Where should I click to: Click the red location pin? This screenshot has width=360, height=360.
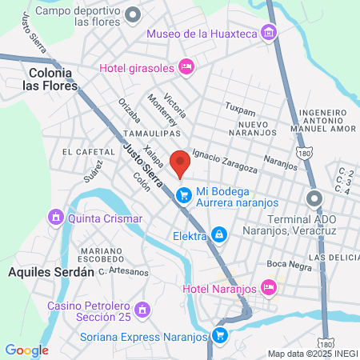181,163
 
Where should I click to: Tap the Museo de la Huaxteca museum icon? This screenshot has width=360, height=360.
269,33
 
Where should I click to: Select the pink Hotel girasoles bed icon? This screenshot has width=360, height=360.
186,67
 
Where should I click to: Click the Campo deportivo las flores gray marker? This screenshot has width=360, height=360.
133,13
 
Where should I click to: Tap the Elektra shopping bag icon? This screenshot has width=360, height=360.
218,235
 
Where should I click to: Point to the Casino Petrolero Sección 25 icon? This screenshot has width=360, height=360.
142,309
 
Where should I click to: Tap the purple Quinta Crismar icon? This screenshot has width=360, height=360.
56,218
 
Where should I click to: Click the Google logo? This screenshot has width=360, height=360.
26,350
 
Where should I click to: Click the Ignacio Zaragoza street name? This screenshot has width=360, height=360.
225,162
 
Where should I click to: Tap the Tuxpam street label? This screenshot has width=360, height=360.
239,106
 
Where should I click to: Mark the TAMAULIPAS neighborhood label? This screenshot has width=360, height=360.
152,134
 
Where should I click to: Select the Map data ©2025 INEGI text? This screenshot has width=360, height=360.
312,353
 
